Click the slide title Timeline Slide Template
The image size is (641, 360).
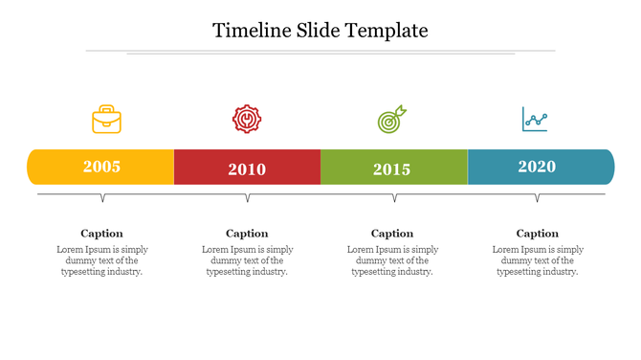(320, 31)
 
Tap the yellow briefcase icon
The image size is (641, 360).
(106, 120)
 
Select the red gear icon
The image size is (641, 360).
(247, 119)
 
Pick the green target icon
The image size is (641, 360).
(391, 120)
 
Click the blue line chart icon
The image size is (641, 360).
(535, 120)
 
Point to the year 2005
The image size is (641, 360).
(101, 167)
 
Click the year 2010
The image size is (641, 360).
(247, 169)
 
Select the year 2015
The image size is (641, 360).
(391, 169)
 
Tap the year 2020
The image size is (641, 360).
(537, 167)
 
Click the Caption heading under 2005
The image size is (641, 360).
(101, 233)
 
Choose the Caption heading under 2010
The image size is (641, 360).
(247, 233)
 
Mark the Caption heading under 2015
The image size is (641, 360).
(392, 233)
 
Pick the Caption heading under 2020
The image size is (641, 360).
(538, 233)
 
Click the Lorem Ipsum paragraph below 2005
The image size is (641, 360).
(101, 260)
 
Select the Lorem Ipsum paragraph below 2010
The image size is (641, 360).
(247, 260)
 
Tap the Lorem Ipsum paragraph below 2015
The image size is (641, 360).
(392, 260)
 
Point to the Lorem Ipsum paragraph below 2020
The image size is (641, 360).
(538, 260)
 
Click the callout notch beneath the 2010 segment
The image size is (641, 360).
(248, 198)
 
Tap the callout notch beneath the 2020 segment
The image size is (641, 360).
(537, 198)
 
